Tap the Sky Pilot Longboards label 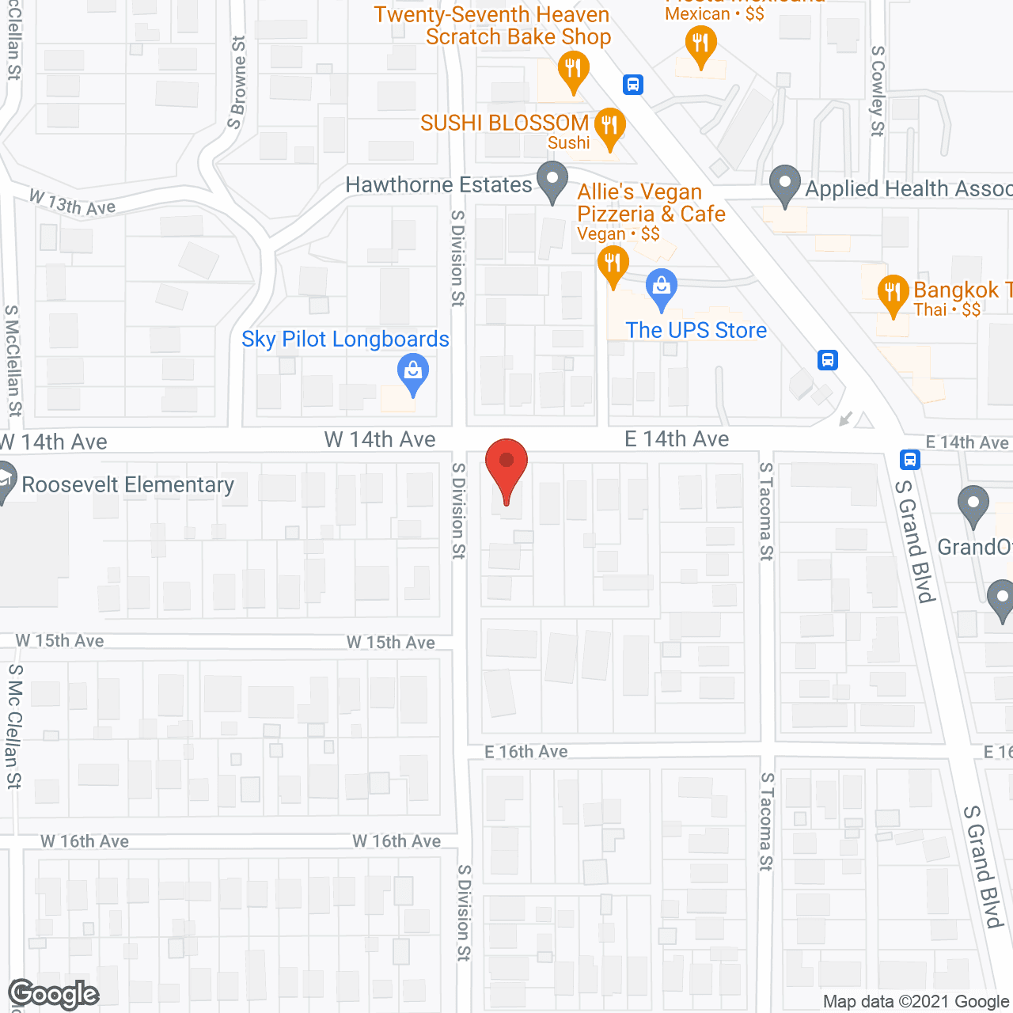point(345,340)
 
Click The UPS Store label point(696,330)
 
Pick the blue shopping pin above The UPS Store point(662,289)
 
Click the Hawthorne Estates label point(438,185)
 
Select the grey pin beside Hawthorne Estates point(552,181)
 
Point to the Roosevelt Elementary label point(127,484)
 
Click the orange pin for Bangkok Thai point(893,294)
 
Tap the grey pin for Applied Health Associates point(784,185)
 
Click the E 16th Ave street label point(526,752)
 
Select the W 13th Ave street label point(73,203)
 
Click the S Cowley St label point(878,90)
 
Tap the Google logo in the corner point(54,994)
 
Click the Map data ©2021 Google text point(916,1002)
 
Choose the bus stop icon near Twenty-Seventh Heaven point(632,84)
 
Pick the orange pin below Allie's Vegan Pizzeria point(613,265)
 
